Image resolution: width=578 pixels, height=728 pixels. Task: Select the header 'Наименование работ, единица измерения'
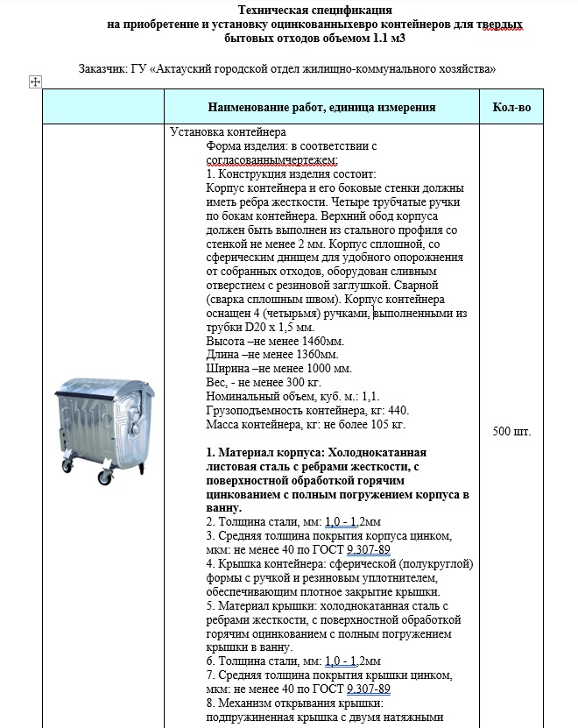pyautogui.click(x=321, y=107)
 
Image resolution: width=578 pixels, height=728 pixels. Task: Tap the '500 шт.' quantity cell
pyautogui.click(x=512, y=432)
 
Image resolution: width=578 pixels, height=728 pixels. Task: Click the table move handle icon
pyautogui.click(x=36, y=82)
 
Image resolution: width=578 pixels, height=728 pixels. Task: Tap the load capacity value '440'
pyautogui.click(x=396, y=411)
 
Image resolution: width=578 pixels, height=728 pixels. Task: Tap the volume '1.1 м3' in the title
pyautogui.click(x=386, y=39)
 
